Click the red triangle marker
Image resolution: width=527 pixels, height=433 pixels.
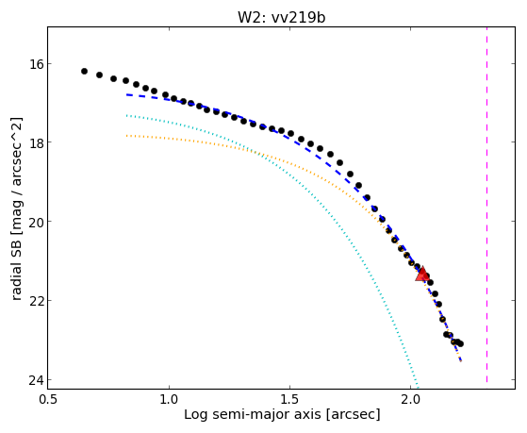(421, 274)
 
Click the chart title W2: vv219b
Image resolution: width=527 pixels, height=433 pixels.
(281, 17)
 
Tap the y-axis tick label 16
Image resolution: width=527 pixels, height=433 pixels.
(34, 63)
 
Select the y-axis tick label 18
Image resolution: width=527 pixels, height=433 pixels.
(34, 142)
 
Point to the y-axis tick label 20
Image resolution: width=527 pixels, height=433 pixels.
(34, 222)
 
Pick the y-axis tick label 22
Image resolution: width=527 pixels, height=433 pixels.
(34, 300)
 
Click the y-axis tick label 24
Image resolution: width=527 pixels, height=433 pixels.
(34, 379)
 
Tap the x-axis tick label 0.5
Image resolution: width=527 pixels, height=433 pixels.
(49, 399)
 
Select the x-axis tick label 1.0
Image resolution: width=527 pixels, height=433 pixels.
(169, 399)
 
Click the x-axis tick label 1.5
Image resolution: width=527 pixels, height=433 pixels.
(289, 399)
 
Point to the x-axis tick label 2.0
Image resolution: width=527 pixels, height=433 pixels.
(410, 399)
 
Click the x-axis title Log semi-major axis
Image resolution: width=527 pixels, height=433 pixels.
(252, 414)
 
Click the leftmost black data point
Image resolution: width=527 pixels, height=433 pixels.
(84, 72)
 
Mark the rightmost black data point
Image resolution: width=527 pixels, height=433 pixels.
(460, 343)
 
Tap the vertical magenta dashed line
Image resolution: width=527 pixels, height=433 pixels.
(486, 205)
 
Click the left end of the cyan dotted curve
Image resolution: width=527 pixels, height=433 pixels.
(126, 115)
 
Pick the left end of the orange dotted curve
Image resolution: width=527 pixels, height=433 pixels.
(126, 136)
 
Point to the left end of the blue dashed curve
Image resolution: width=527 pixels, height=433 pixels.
(126, 95)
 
